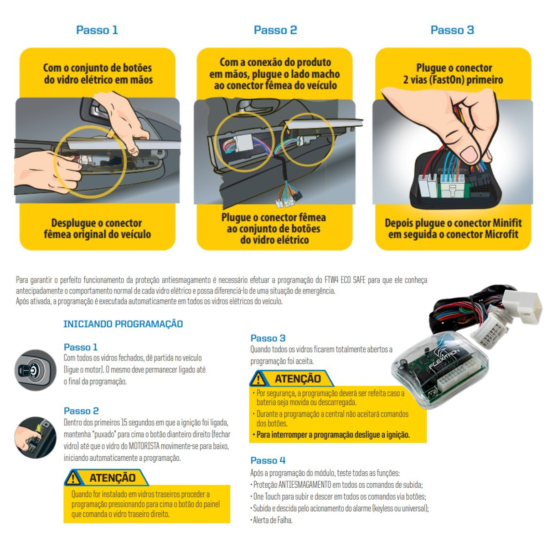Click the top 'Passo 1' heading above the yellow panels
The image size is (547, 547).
(x=97, y=30)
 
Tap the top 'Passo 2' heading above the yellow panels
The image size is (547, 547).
(x=275, y=30)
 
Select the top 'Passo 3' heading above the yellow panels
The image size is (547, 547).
(x=452, y=30)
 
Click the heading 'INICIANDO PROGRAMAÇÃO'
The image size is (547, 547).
(x=123, y=324)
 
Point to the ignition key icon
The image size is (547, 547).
(x=35, y=370)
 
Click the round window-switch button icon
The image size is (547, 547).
(x=35, y=438)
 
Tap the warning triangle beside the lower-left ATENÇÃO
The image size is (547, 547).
(x=73, y=478)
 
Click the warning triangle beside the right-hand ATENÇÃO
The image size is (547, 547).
(x=258, y=378)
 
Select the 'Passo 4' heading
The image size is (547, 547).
(x=268, y=460)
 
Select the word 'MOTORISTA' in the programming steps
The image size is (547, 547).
(x=144, y=446)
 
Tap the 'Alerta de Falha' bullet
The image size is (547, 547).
(x=272, y=520)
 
